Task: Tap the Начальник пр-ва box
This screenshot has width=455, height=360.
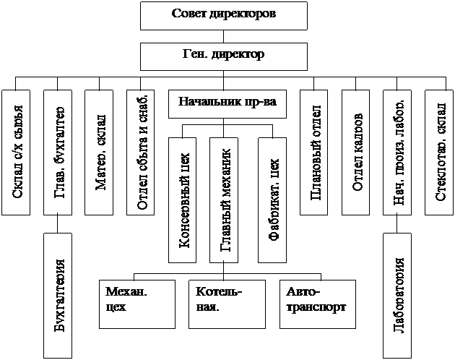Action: click(x=227, y=103)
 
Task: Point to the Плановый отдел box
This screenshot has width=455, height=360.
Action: click(x=316, y=152)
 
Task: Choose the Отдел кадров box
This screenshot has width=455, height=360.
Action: click(x=359, y=152)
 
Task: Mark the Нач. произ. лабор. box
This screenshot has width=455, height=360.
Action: click(x=400, y=152)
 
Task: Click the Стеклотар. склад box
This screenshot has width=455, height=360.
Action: click(x=441, y=152)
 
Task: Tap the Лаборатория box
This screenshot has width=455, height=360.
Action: click(x=400, y=296)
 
